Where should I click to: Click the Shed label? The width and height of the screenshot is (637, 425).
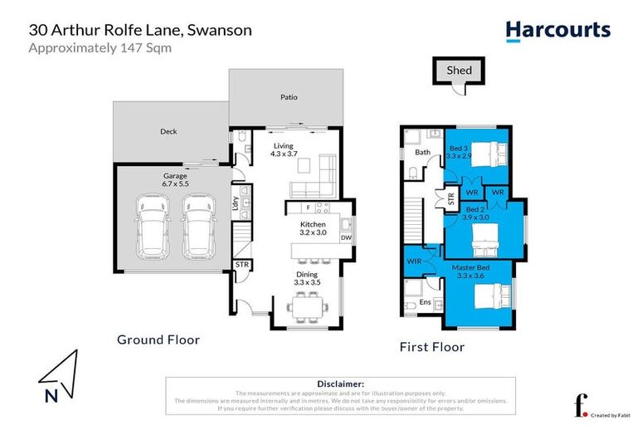[x=459, y=71]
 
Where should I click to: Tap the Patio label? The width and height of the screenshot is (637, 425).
[x=288, y=97]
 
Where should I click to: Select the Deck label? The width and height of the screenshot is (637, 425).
[x=168, y=131]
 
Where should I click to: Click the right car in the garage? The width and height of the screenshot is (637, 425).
[x=199, y=226]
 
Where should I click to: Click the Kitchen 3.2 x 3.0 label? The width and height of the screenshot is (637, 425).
[x=313, y=229]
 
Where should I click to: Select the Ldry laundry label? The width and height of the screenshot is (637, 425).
[x=236, y=206]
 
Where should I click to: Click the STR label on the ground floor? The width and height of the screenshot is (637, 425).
[x=242, y=265]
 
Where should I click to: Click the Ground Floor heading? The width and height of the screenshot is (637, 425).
[x=158, y=340]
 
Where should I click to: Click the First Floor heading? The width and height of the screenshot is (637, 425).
[x=431, y=347]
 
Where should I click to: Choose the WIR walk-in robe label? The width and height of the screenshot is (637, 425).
[x=416, y=262]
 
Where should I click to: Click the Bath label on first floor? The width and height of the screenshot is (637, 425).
[x=422, y=153]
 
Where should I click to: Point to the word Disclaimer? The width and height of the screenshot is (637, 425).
[x=340, y=383]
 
